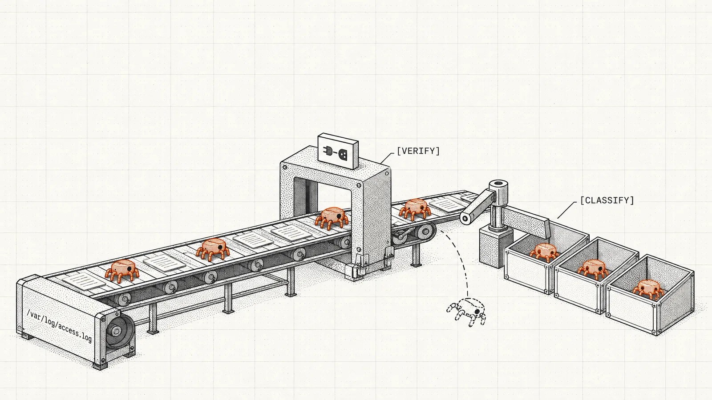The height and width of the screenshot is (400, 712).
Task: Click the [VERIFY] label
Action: point(418,151)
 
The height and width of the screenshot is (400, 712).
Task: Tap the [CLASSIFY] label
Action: point(607,200)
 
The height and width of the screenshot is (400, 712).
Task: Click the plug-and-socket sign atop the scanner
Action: point(338,151)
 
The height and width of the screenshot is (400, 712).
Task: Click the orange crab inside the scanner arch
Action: point(332,217)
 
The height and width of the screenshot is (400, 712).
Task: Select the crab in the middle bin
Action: point(593,269)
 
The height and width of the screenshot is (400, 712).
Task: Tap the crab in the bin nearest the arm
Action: point(544,252)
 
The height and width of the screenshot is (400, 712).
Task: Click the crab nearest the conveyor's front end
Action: point(122,271)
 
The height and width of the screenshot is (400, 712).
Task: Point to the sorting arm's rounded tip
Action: point(465,218)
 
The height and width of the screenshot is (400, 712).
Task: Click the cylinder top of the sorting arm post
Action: point(498,185)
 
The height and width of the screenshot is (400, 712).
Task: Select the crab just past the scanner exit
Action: point(415,209)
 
